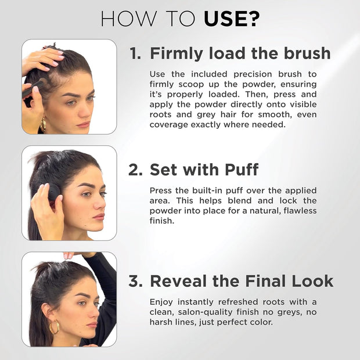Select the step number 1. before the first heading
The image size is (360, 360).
pos(135,53)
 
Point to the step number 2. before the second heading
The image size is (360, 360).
pos(136,170)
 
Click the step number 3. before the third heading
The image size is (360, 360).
pos(136,281)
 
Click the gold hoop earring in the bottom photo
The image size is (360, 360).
pos(54,327)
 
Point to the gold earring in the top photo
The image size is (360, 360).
pos(43,124)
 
